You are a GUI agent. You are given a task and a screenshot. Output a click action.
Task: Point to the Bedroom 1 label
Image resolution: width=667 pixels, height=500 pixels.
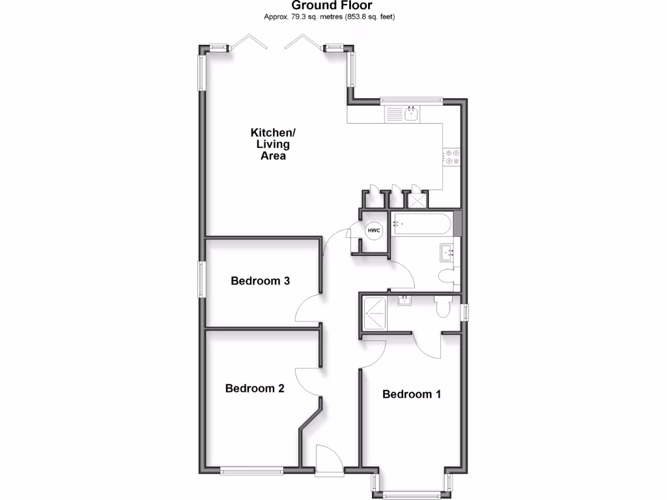pos(412,394)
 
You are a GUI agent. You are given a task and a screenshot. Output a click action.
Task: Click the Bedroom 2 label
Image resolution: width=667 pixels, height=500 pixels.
pos(255,389)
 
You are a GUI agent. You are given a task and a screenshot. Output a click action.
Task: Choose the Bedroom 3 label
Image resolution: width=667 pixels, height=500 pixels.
pos(260,281)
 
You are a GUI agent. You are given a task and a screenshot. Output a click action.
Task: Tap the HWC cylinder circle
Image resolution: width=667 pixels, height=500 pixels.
pos(374,230)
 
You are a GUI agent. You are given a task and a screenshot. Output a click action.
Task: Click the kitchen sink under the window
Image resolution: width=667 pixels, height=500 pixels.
pos(412,115)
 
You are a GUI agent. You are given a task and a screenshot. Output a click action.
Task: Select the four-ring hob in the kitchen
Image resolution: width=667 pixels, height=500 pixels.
pos(451,157)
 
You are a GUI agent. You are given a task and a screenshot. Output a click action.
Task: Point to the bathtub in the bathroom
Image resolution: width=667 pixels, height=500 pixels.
pos(422,224)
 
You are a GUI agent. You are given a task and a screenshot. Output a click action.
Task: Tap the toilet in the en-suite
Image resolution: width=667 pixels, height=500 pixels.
pos(444,307)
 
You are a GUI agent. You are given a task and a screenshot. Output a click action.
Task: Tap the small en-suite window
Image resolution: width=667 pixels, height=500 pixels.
pos(464,312)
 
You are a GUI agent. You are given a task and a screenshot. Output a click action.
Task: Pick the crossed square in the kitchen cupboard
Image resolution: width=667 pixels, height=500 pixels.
pos(415,199)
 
